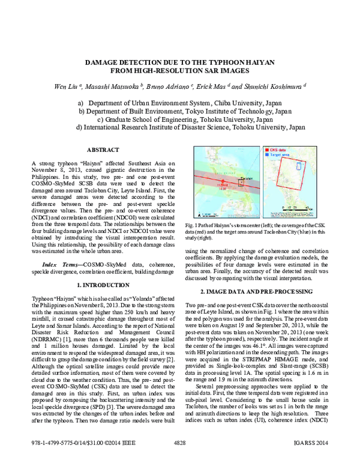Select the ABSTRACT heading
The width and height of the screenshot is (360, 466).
[x=103, y=150]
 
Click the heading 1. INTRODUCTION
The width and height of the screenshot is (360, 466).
[x=103, y=285]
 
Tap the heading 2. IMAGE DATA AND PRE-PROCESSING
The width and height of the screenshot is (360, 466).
[x=262, y=291]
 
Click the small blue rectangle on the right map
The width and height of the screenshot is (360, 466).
[x=299, y=166]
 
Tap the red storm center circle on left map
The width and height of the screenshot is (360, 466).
[x=223, y=181]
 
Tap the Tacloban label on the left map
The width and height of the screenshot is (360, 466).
[x=246, y=178]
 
